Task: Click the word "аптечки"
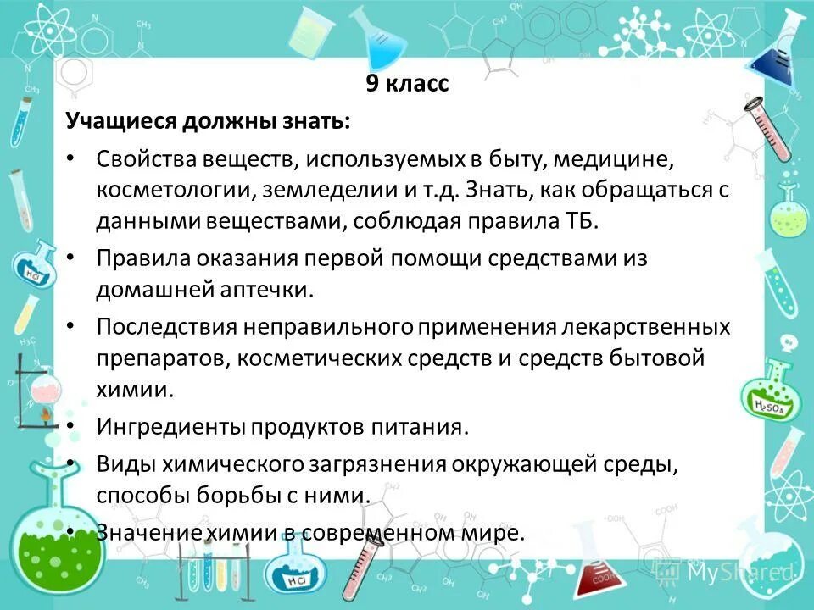coord(263,290)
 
